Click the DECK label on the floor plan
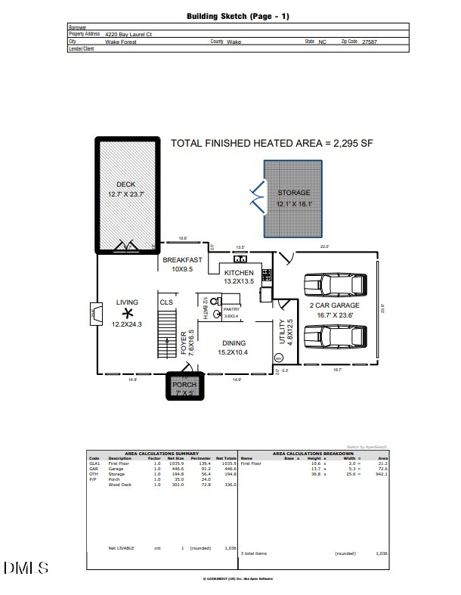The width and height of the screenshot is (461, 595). (x=125, y=184)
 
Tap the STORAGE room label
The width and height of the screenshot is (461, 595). (x=293, y=193)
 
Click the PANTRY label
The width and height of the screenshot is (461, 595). (x=230, y=309)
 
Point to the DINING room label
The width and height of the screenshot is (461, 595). (x=234, y=343)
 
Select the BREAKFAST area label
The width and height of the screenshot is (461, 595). (x=182, y=259)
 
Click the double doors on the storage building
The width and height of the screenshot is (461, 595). (x=258, y=199)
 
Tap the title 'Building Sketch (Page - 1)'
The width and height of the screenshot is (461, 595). (x=237, y=16)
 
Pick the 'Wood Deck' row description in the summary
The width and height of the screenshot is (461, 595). (x=119, y=485)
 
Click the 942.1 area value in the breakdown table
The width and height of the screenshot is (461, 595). (x=382, y=474)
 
